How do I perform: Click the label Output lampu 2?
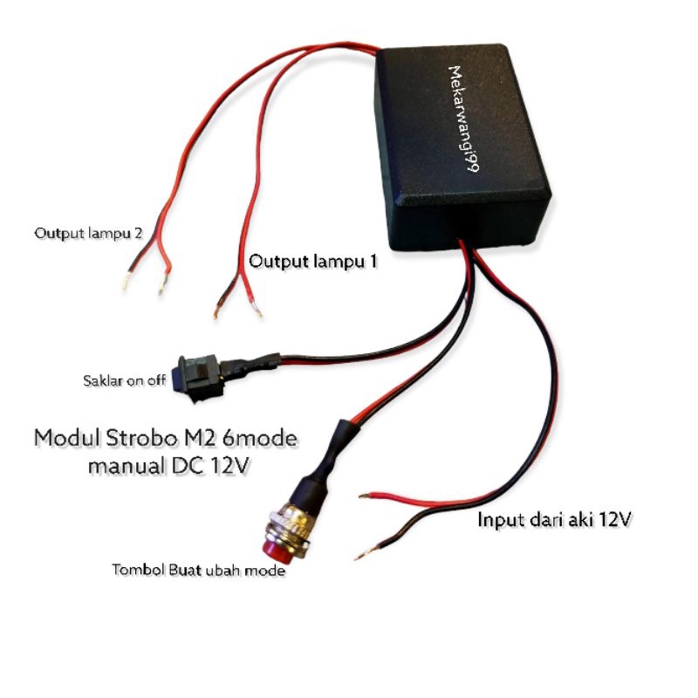point(89,234)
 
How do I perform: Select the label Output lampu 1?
point(313,261)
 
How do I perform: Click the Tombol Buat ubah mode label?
point(199,571)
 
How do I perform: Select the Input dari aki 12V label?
point(554,521)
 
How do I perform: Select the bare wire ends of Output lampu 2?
point(144,284)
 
